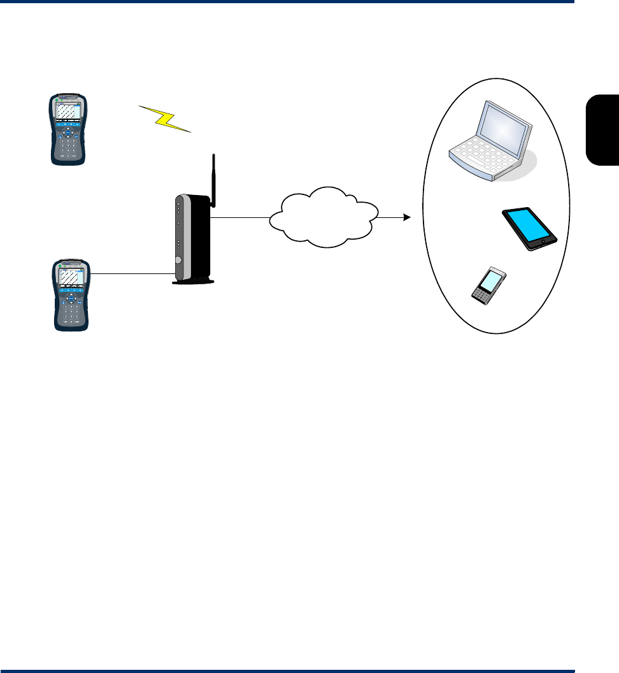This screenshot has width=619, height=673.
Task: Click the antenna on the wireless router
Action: point(213,181)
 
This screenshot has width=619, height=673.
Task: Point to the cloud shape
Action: point(324,217)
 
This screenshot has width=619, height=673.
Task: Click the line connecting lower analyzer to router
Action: point(131,274)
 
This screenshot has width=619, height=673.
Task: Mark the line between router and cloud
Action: point(241,217)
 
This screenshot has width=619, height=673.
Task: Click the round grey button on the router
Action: point(178,260)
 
